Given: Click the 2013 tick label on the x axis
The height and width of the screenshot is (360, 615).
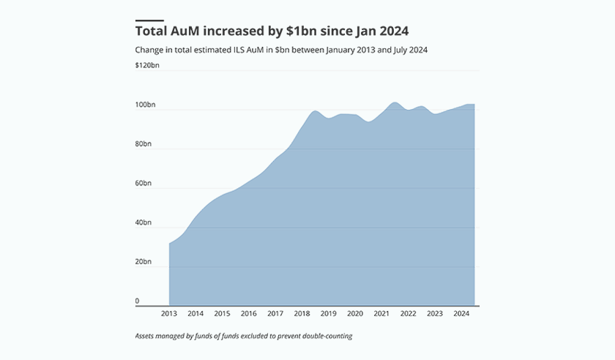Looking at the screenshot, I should coord(169,314).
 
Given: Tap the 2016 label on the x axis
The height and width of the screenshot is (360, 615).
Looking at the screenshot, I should coord(249,314).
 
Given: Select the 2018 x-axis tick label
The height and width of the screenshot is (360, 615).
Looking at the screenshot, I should coord(302,314).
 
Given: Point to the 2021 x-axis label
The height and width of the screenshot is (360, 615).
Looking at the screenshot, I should coord(381,314).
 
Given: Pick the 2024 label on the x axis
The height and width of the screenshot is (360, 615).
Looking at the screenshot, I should coord(461,314).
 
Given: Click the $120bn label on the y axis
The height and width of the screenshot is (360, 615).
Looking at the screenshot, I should coord(147,66).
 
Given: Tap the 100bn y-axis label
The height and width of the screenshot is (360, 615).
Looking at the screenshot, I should coord(146,105).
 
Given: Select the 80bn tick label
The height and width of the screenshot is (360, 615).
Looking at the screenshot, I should coord(143,144).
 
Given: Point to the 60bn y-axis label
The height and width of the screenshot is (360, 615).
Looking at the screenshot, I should coord(143,183).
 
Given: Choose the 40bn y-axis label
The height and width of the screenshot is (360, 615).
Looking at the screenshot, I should coord(143,222).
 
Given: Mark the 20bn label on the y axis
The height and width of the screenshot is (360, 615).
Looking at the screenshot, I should coord(143,261).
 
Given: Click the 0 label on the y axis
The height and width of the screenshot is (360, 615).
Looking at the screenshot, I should coord(137,301).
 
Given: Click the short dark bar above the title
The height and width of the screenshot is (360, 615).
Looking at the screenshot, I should coord(149,20).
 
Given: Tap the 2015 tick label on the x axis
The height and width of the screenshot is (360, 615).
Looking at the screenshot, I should coord(222,314).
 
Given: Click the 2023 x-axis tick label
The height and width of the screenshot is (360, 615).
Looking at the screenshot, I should coord(435,314).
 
